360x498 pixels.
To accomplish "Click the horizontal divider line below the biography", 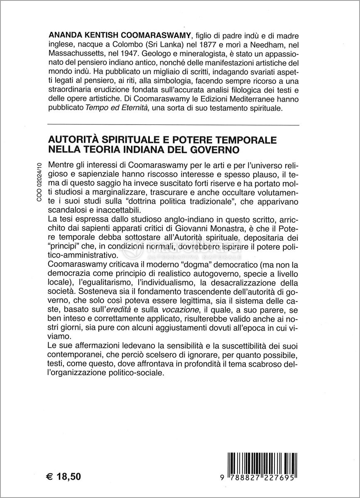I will (x=174, y=125).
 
